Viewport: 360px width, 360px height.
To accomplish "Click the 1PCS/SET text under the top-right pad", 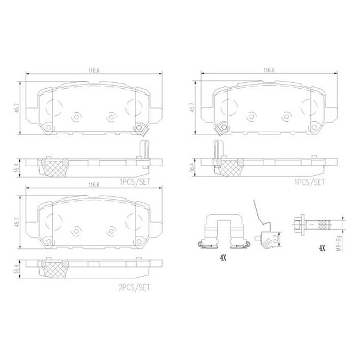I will (310, 180).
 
